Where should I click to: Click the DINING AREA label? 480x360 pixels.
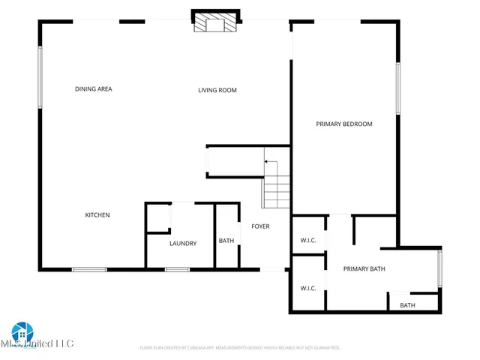(94, 89)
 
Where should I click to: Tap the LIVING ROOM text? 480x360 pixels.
(217, 91)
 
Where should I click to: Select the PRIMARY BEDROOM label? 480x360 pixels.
(343, 124)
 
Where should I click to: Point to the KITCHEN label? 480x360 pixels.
(97, 215)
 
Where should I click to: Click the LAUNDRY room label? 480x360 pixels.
(183, 243)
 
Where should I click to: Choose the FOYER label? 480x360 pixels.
(260, 226)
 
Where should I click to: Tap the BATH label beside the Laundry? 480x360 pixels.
(226, 241)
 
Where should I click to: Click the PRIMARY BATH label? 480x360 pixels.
(364, 268)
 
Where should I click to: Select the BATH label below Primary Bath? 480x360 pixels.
(407, 305)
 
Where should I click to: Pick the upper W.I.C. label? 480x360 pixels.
(308, 241)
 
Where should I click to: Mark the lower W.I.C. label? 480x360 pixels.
(308, 288)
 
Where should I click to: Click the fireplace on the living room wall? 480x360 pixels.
(216, 22)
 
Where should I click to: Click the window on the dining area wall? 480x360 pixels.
(40, 77)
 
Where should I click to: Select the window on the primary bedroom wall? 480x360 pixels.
(398, 88)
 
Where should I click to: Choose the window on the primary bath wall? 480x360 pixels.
(440, 268)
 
